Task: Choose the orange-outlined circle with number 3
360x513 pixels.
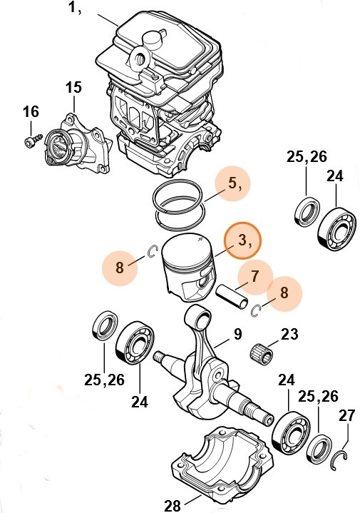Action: pos(243,240)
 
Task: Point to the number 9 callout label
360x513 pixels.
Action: pos(237,333)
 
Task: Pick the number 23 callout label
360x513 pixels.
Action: pos(289,333)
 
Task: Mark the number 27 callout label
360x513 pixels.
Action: pos(346,415)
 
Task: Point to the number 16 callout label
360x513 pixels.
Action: pos(30,112)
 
